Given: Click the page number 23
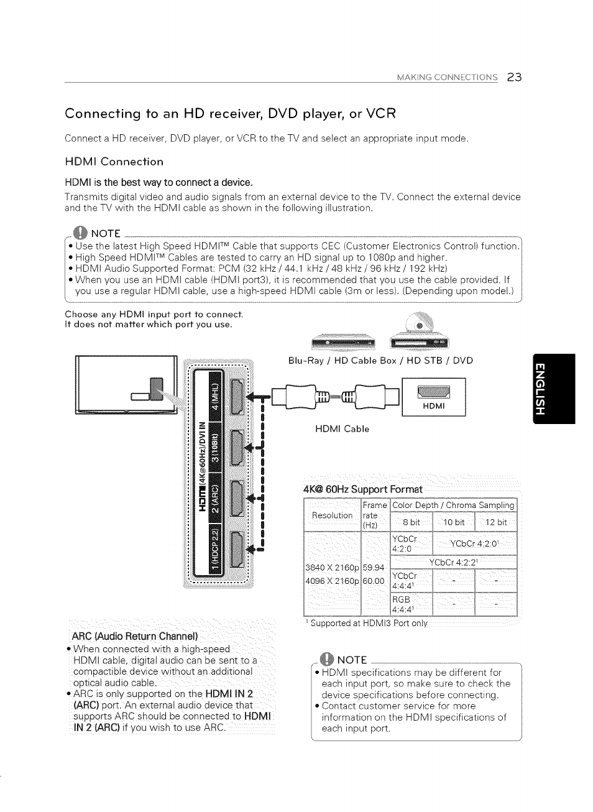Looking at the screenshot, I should point(514,78).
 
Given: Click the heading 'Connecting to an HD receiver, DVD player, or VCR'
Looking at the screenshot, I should point(230,114).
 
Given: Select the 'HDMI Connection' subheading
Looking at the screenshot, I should point(114,162).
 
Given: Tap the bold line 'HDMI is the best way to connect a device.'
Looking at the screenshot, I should point(159,182).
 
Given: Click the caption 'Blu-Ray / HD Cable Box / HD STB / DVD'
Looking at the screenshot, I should point(380,361).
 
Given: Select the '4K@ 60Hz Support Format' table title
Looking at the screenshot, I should point(363,489).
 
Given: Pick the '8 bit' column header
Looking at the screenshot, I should point(411,522).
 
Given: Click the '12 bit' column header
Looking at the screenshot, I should point(496,522).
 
